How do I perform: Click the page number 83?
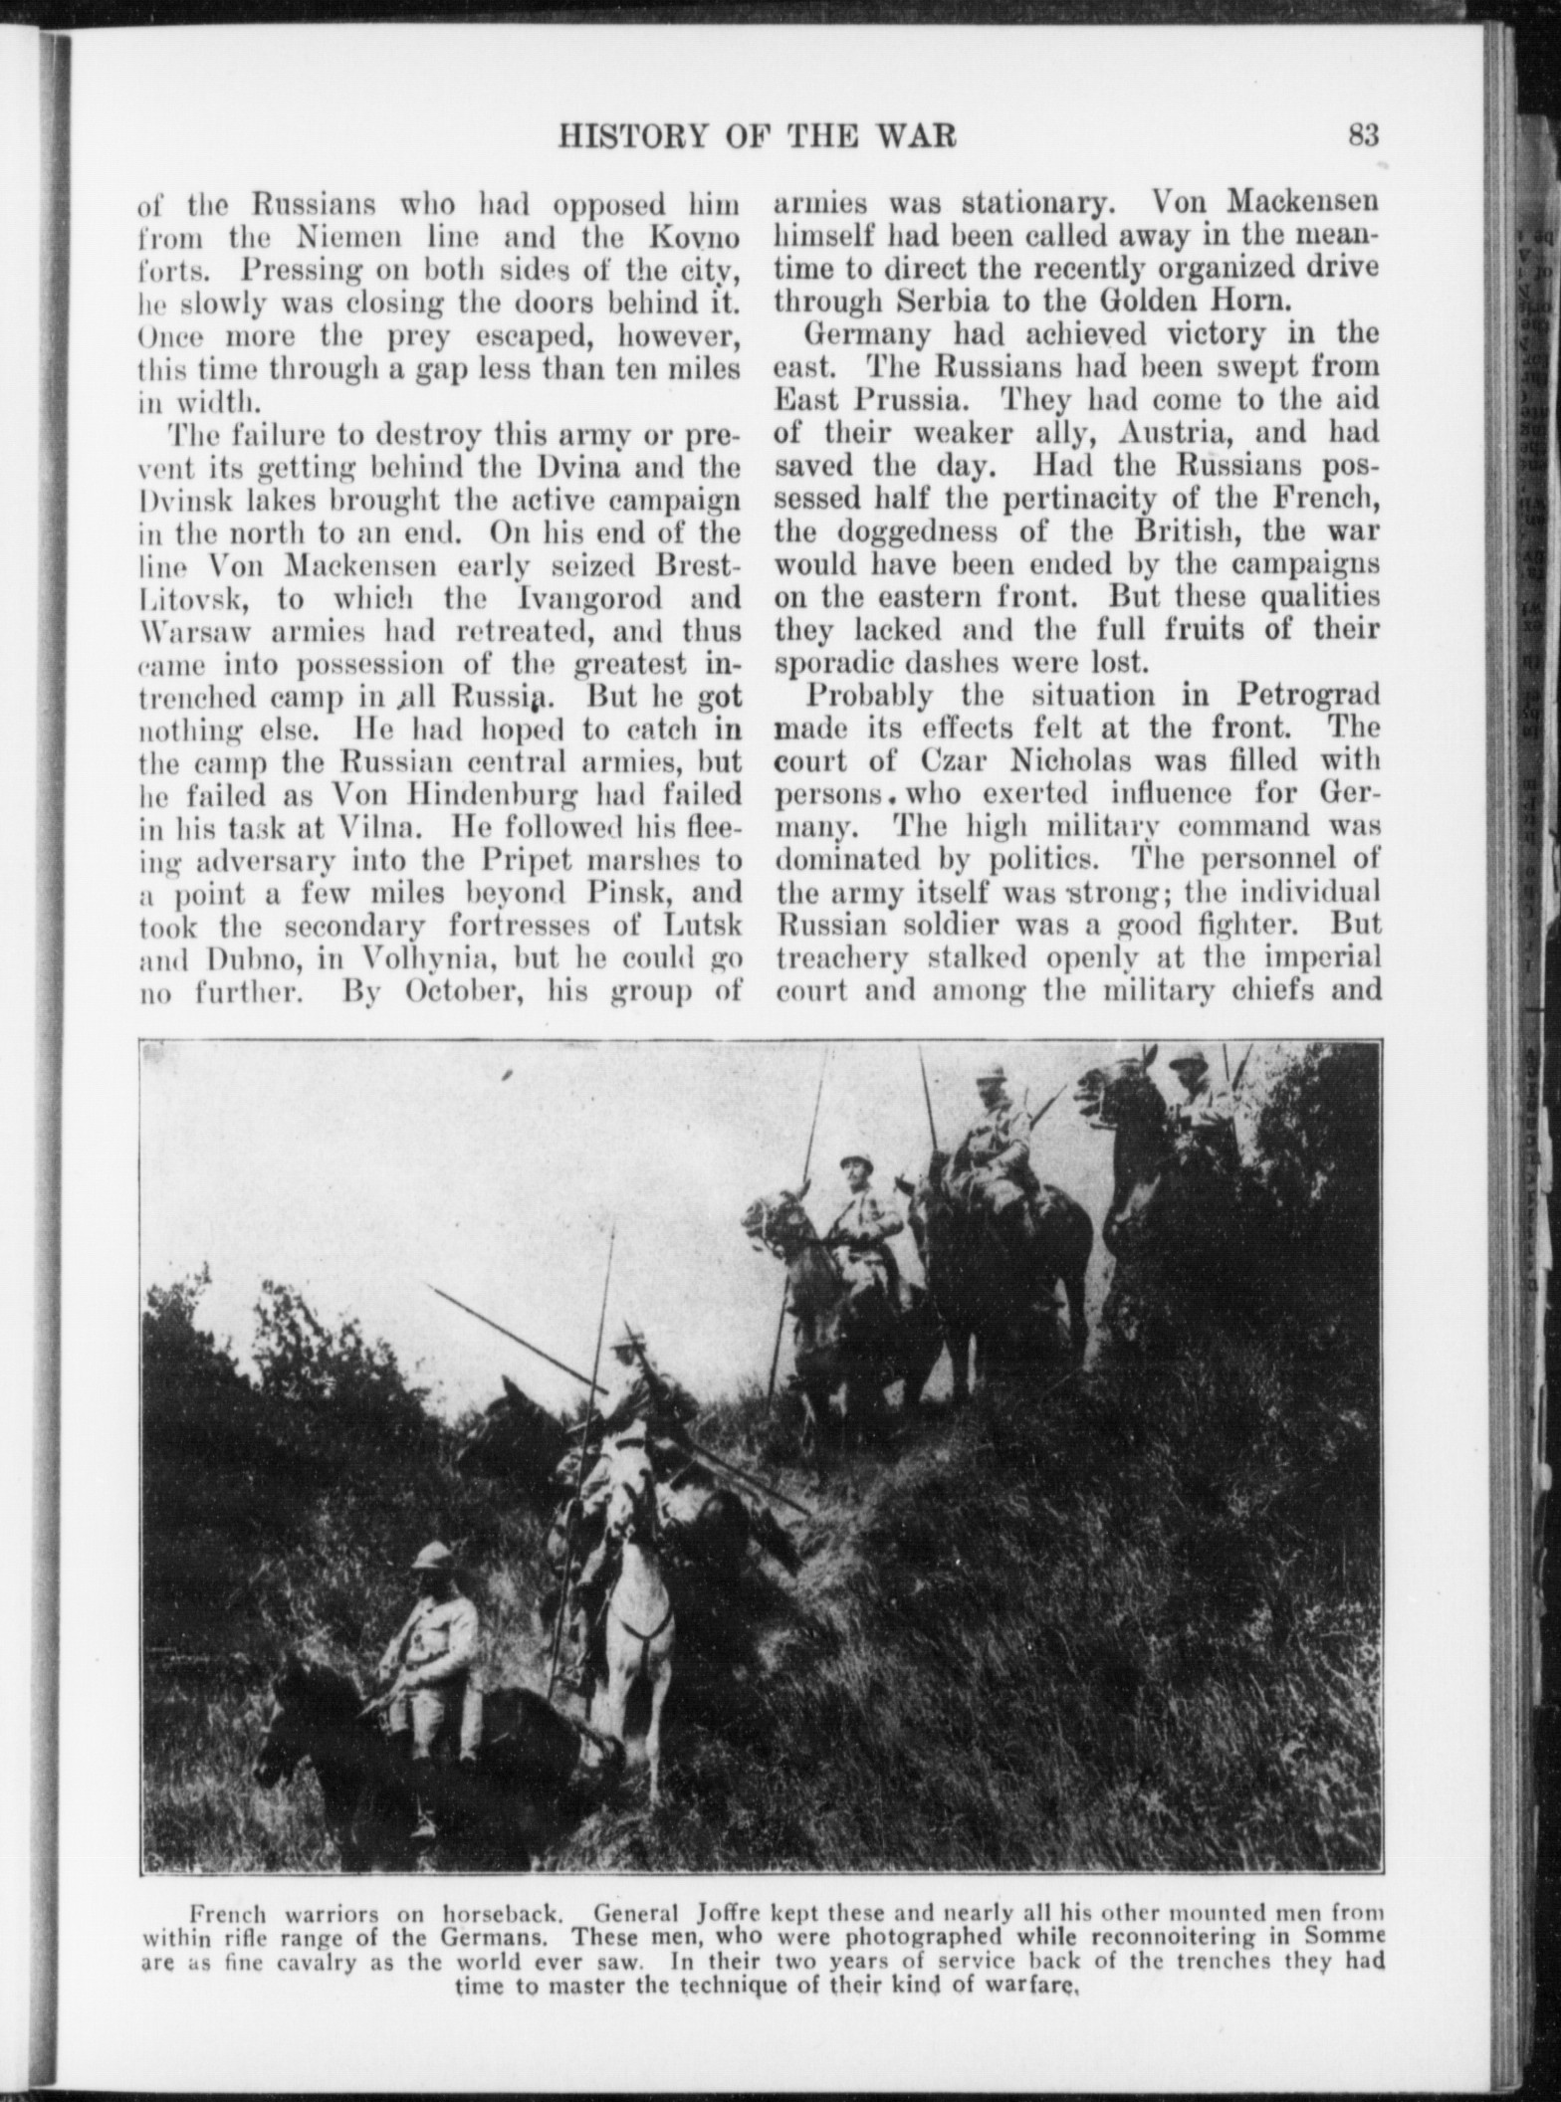(x=1362, y=133)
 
